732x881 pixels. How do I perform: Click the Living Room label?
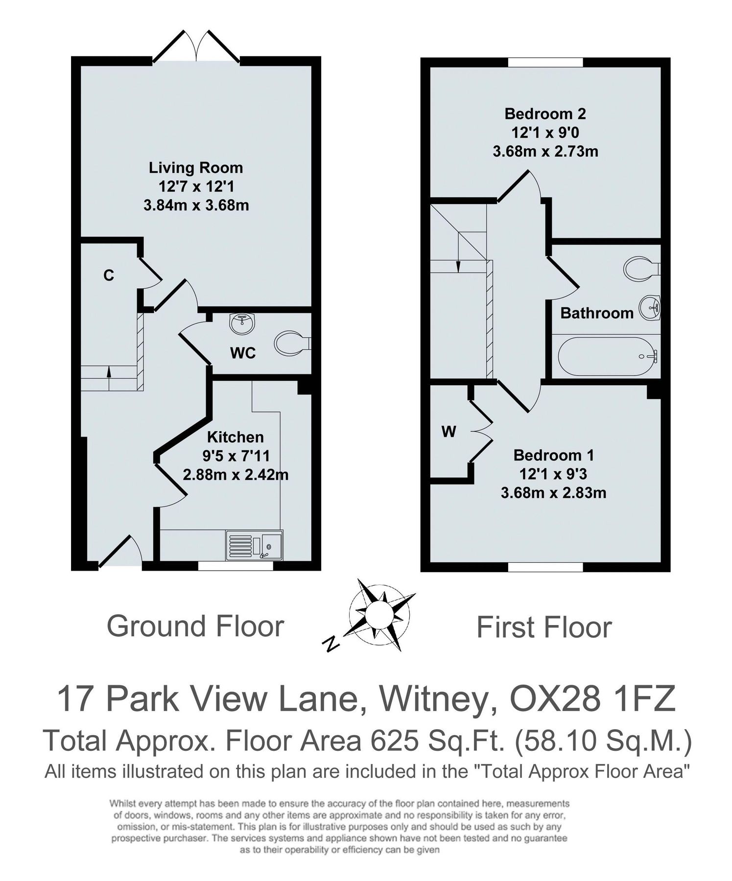click(x=196, y=168)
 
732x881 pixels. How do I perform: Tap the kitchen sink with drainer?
click(x=254, y=545)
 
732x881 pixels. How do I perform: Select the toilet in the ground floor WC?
click(x=292, y=343)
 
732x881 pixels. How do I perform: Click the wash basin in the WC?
click(x=241, y=324)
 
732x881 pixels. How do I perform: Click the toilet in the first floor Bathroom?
click(x=641, y=269)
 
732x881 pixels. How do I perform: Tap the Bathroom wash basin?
click(x=651, y=307)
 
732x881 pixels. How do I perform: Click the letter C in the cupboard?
click(x=109, y=276)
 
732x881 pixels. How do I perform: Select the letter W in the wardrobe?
click(x=449, y=432)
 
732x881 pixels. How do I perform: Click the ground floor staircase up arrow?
click(x=109, y=372)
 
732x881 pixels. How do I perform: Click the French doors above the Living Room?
click(x=196, y=47)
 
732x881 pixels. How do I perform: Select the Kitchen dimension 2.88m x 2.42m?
click(x=236, y=475)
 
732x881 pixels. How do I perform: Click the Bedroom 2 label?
click(x=545, y=114)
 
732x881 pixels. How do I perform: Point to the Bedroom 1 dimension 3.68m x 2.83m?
click(x=553, y=492)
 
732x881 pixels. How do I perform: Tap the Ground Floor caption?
click(x=195, y=626)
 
